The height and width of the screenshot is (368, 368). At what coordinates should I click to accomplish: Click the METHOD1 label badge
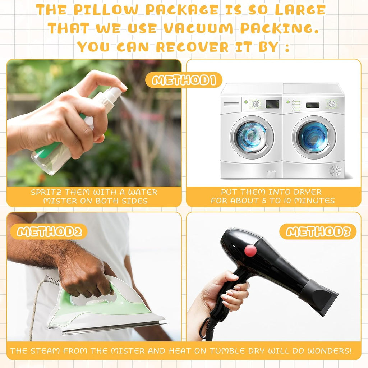point(184,80)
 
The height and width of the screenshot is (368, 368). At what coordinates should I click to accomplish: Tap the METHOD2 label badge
point(49,232)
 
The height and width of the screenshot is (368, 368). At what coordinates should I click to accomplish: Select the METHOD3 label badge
point(318,231)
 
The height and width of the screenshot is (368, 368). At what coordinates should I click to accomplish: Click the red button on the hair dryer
point(250,250)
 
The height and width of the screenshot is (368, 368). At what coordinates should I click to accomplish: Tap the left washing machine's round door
point(252,137)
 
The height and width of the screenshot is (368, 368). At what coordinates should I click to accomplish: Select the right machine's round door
point(314,137)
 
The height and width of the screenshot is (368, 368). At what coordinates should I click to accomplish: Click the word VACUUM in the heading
point(198,28)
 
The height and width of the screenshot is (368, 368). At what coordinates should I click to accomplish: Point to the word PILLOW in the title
point(106,10)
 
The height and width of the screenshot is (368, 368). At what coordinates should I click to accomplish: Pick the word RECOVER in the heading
point(192,47)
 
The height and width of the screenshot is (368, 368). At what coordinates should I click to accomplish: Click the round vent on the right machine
point(335,171)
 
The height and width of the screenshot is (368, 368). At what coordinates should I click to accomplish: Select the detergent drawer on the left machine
point(231,104)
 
